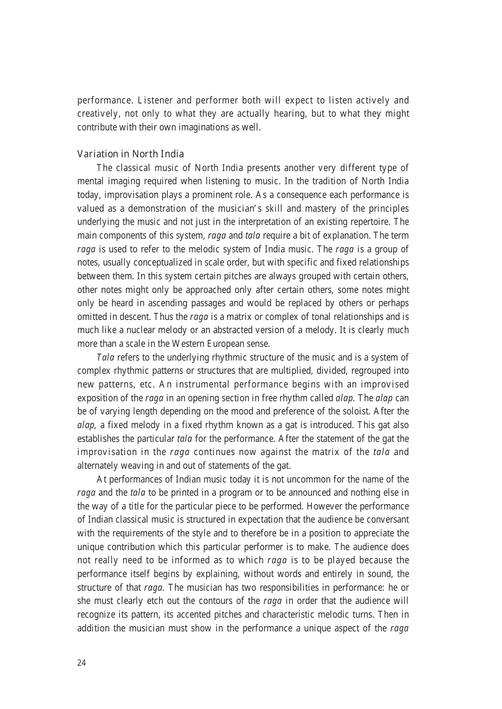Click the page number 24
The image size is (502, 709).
pos(81,663)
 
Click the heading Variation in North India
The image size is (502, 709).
pos(131,154)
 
